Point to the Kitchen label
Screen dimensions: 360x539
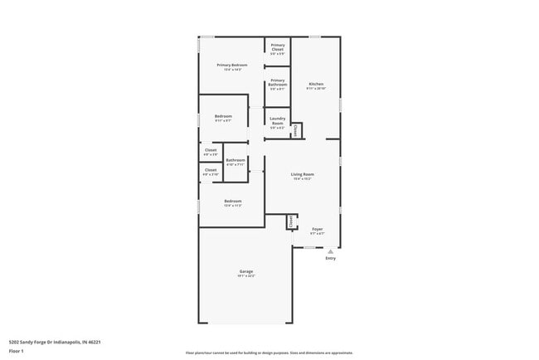316,84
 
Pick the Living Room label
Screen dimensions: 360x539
302,174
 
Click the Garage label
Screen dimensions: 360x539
246,271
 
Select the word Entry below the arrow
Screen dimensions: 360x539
331,258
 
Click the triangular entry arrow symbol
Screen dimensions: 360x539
331,250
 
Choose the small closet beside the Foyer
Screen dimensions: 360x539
291,221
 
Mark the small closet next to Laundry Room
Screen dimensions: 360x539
295,129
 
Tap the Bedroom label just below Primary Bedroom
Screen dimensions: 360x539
223,116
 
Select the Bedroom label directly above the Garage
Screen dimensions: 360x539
232,201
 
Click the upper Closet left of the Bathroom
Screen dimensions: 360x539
211,150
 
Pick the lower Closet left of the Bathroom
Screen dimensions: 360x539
211,170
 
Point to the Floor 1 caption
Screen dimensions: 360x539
17,351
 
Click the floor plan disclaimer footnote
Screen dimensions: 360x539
269,353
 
